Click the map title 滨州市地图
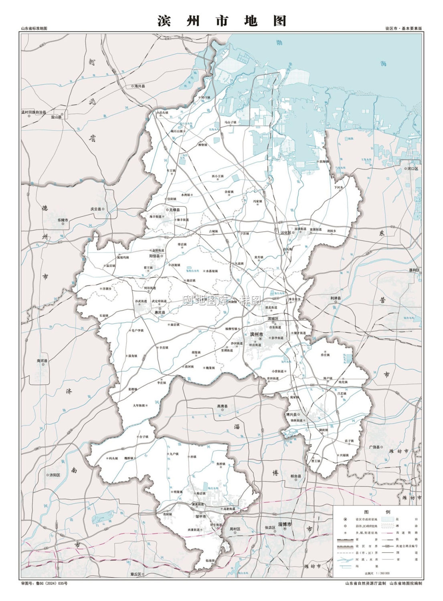[x=222, y=21]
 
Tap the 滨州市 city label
[x=257, y=334]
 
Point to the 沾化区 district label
[x=286, y=232]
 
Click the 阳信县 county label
[x=155, y=256]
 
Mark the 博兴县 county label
[x=291, y=415]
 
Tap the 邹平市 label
[x=200, y=516]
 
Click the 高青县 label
[x=222, y=406]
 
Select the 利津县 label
[x=336, y=298]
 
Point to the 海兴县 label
[x=140, y=86]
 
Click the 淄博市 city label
[x=285, y=524]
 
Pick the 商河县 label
[x=42, y=361]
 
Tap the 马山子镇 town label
[x=231, y=122]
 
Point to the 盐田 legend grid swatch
[x=387, y=519]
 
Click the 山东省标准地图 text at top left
[x=34, y=29]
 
